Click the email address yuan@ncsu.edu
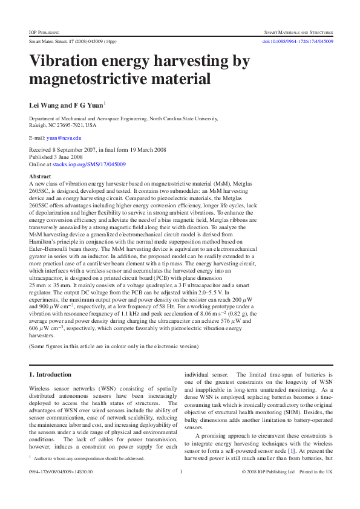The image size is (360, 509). (55, 138)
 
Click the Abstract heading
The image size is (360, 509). (40, 176)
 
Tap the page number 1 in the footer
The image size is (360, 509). (181, 472)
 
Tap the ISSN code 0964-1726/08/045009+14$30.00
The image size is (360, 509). (61, 472)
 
